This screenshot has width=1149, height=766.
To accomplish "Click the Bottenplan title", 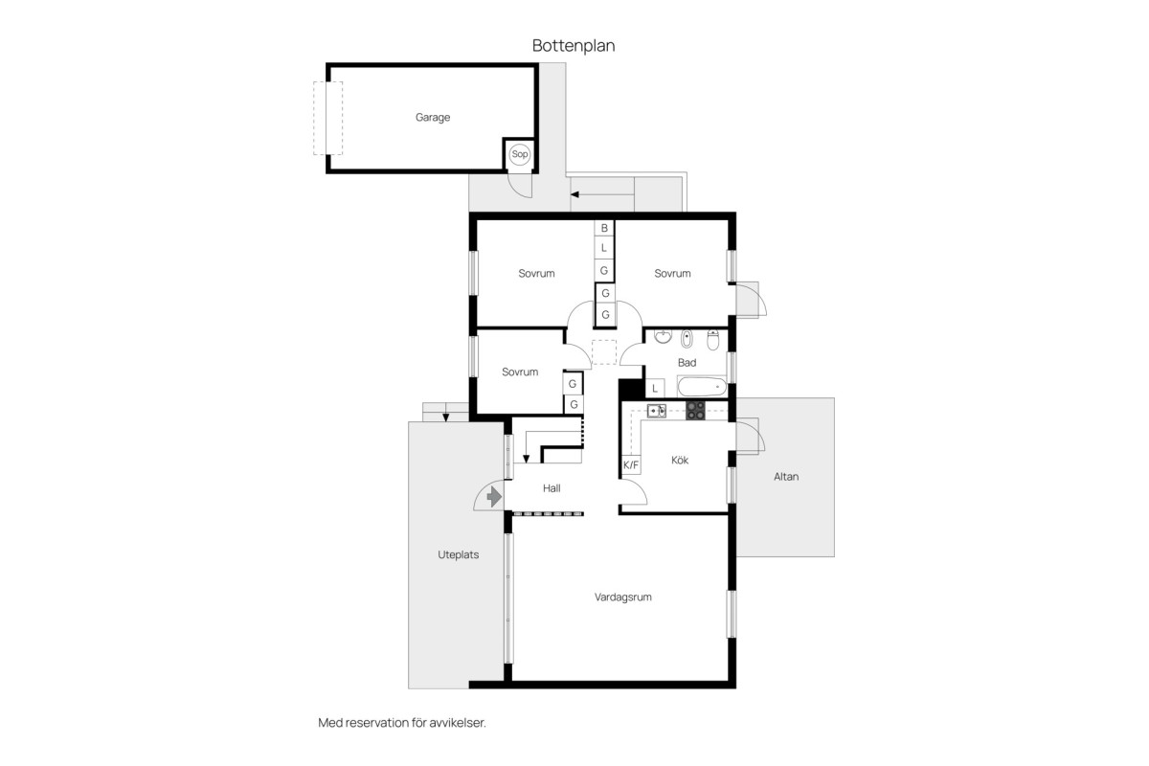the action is pos(574,46).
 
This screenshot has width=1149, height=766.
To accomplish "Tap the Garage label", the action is pos(433,118).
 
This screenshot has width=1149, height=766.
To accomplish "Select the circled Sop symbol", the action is pos(519,154).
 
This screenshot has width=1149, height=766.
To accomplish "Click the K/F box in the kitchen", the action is pos(631,464).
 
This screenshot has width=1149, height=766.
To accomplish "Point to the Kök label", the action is pos(680,461).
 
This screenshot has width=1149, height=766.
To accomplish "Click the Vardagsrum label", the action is pos(622,597).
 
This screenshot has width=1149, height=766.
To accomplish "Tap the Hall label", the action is pos(552,488).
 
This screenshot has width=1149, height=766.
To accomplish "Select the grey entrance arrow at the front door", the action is pos(494,497).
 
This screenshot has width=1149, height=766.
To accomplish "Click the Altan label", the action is pos(786,477).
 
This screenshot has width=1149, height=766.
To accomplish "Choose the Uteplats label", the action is pos(458,554).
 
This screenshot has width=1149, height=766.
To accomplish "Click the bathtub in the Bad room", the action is pos(702,387).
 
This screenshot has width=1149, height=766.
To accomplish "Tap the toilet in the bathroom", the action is pos(713,339).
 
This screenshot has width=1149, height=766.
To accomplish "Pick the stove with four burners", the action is pos(695,411).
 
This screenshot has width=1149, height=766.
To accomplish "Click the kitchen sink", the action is pos(656,411).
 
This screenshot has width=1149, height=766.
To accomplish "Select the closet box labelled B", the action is pos(604,228).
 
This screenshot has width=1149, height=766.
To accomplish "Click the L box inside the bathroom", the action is pos(655,389).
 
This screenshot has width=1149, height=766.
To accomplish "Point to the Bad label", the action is pos(687,363).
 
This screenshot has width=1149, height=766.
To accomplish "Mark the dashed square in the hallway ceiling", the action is pos(604,352).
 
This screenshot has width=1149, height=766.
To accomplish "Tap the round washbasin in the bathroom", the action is pos(664,337).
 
